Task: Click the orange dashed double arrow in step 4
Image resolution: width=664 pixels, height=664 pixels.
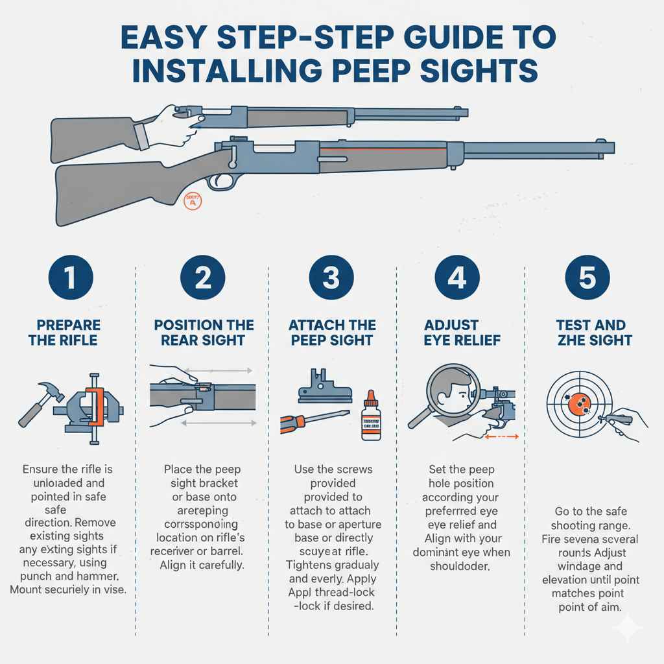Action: pyautogui.click(x=501, y=437)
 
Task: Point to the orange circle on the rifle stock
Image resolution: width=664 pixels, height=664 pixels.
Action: pyautogui.click(x=193, y=201)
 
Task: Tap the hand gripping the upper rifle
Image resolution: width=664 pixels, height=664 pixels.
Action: pyautogui.click(x=178, y=123)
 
